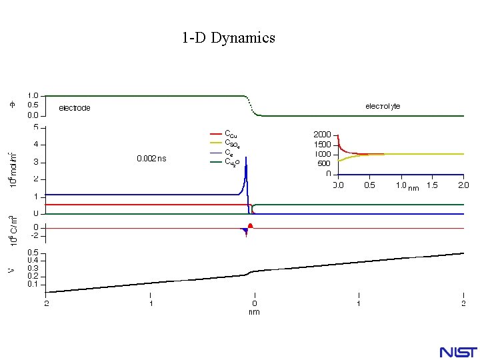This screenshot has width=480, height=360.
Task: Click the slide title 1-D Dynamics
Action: point(228,38)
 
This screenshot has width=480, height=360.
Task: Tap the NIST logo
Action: point(457,351)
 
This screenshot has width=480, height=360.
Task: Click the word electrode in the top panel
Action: point(75,108)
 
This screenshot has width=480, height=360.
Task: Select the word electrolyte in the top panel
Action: point(383,106)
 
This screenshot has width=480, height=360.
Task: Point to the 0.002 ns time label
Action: point(152,159)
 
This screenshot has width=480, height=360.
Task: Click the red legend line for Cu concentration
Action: point(215,133)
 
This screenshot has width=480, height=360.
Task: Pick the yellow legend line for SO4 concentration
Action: point(215,143)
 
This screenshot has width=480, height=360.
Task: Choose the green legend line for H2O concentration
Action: point(215,161)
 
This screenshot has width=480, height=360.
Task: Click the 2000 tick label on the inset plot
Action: point(322,135)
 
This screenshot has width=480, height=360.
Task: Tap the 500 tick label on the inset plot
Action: point(323,163)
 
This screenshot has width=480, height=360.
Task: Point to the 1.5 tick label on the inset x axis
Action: point(432,185)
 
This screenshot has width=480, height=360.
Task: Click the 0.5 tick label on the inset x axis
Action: point(369,185)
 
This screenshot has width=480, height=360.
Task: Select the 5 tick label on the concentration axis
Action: point(35,127)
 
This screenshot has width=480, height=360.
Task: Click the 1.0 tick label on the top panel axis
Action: point(33,95)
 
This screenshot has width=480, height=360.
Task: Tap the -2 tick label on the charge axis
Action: point(34,236)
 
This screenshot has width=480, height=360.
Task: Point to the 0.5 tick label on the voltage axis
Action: point(33,253)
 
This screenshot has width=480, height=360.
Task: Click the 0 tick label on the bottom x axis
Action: point(254,303)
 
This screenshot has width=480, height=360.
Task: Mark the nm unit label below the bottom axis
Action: point(254,311)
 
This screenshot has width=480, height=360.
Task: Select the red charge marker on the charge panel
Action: point(250,226)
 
